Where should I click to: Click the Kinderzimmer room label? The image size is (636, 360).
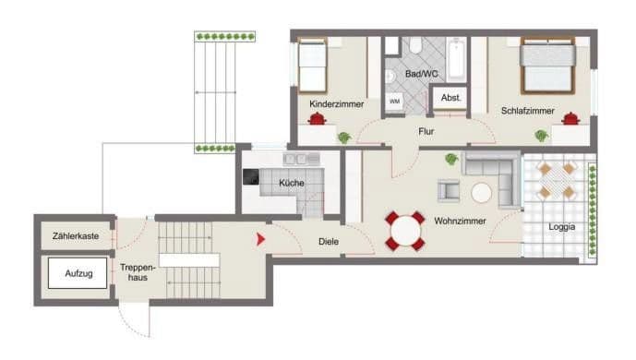pyautogui.click(x=336, y=105)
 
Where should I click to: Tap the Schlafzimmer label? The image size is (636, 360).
pyautogui.click(x=528, y=111)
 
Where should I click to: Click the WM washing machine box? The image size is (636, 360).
pyautogui.click(x=394, y=101)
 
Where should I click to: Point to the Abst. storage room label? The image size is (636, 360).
pyautogui.click(x=450, y=98)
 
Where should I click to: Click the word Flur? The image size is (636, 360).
pyautogui.click(x=426, y=132)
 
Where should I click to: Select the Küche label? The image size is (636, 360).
pyautogui.click(x=292, y=184)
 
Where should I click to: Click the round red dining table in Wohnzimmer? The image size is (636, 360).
pyautogui.click(x=404, y=230)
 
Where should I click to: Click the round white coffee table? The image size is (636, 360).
pyautogui.click(x=482, y=193)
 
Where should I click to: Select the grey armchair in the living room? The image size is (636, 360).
pyautogui.click(x=449, y=189)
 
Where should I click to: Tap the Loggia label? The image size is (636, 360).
pyautogui.click(x=561, y=225)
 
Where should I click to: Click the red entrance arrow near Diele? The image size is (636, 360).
pyautogui.click(x=261, y=239)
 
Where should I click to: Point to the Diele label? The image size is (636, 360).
pyautogui.click(x=328, y=242)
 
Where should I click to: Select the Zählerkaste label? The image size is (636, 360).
pyautogui.click(x=76, y=237)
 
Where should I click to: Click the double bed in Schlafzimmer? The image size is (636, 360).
pyautogui.click(x=547, y=66)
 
